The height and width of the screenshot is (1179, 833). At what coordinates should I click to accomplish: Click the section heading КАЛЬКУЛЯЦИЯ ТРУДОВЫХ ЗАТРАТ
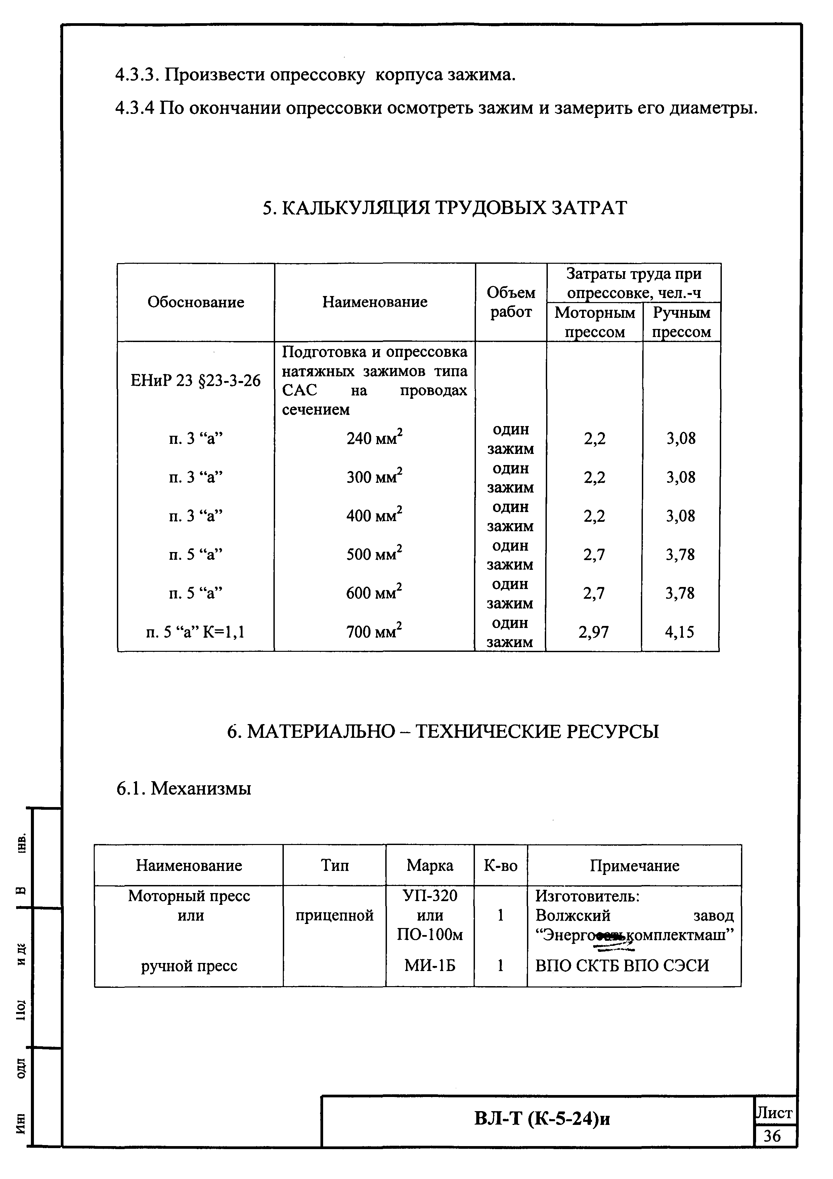(x=444, y=208)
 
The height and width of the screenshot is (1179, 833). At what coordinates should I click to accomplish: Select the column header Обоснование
(x=195, y=302)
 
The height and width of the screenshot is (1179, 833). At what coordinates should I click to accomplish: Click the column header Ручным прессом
(x=681, y=322)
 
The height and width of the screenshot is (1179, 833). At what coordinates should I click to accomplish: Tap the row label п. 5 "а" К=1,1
(x=195, y=632)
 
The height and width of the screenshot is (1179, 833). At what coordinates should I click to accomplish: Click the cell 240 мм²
(x=374, y=438)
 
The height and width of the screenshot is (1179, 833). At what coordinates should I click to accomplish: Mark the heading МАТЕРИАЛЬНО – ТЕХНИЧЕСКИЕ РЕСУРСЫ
(x=442, y=731)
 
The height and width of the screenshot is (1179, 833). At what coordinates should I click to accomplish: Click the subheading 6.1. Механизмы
(x=184, y=788)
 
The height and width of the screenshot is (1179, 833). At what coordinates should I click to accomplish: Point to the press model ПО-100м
(x=430, y=935)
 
